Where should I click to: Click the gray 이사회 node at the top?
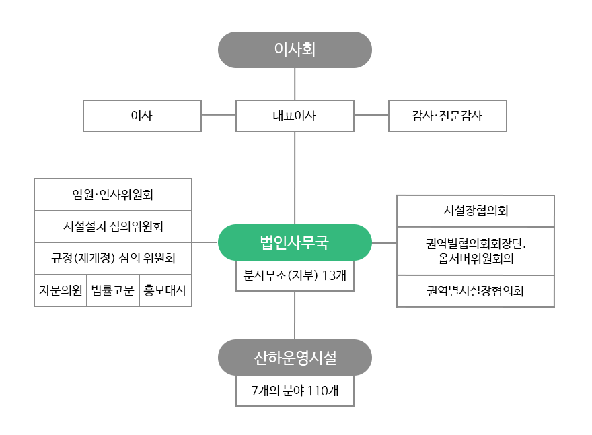(295, 50)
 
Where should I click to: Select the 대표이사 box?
(295, 116)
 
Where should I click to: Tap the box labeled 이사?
(143, 116)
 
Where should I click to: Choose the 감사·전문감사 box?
(447, 116)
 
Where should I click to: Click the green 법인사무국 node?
(295, 242)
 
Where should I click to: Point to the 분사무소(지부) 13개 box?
(295, 275)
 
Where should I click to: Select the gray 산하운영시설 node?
(295, 358)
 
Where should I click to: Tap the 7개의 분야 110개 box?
(295, 391)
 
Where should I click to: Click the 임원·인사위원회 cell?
(113, 195)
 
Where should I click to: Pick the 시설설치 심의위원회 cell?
(113, 226)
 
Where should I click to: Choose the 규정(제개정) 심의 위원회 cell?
(113, 258)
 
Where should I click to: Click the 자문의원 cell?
(61, 290)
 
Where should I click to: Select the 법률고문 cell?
(113, 290)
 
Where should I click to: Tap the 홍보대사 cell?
(165, 290)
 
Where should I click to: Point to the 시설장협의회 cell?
(476, 211)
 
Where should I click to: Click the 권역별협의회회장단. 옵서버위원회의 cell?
(476, 251)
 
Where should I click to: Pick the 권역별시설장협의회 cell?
(476, 291)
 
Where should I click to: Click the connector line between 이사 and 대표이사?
(219, 115)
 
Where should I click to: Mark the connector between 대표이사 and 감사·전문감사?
(371, 115)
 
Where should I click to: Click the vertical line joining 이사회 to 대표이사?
(295, 84)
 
